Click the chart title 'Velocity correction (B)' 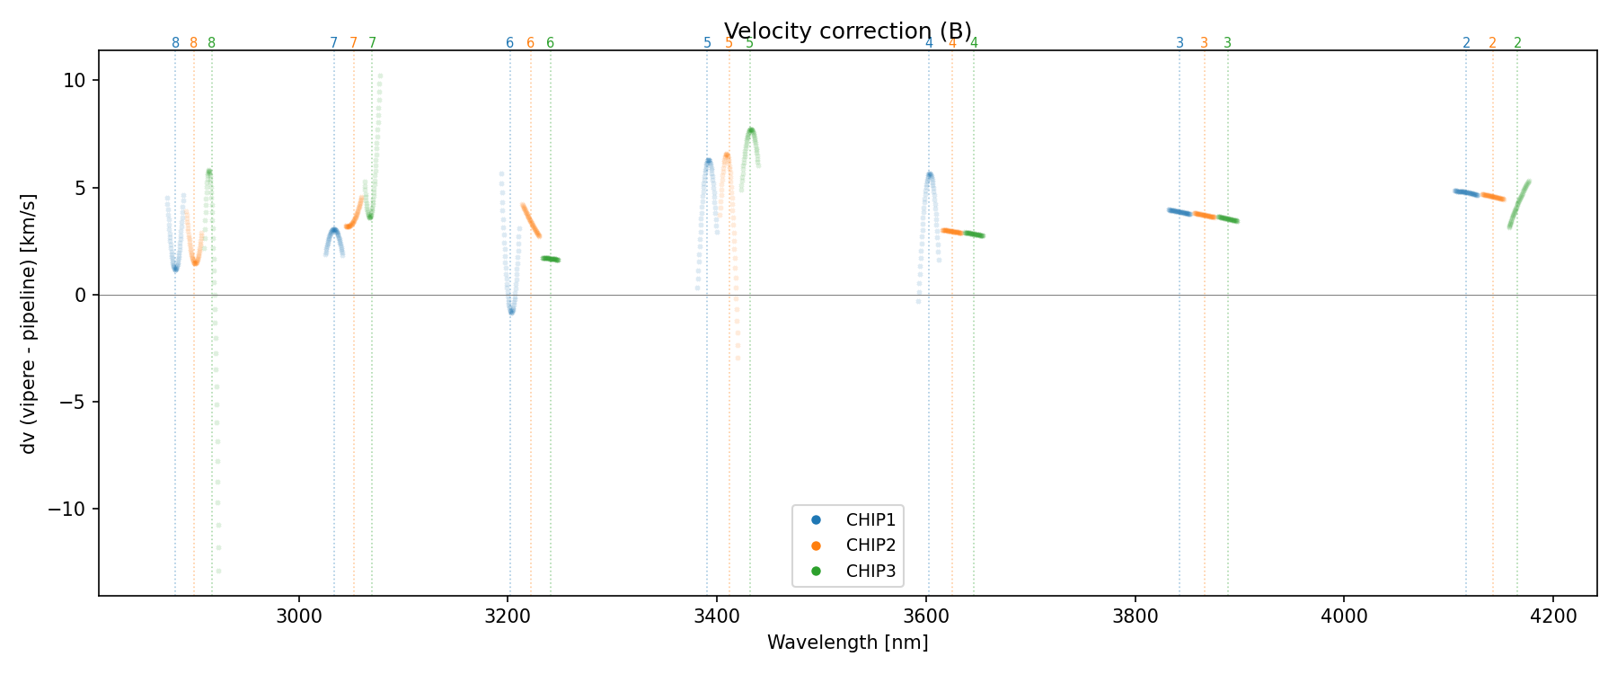click(847, 31)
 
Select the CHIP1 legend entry click(870, 519)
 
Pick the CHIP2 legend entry click(870, 545)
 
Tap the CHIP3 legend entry click(870, 571)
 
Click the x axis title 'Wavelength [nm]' click(847, 643)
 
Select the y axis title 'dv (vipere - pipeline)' click(29, 324)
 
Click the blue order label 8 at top click(175, 43)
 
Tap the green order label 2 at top click(1517, 43)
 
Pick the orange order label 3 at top click(1205, 43)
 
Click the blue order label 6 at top click(509, 43)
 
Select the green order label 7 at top click(372, 43)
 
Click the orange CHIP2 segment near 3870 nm click(1205, 216)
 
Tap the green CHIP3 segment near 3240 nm click(551, 259)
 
